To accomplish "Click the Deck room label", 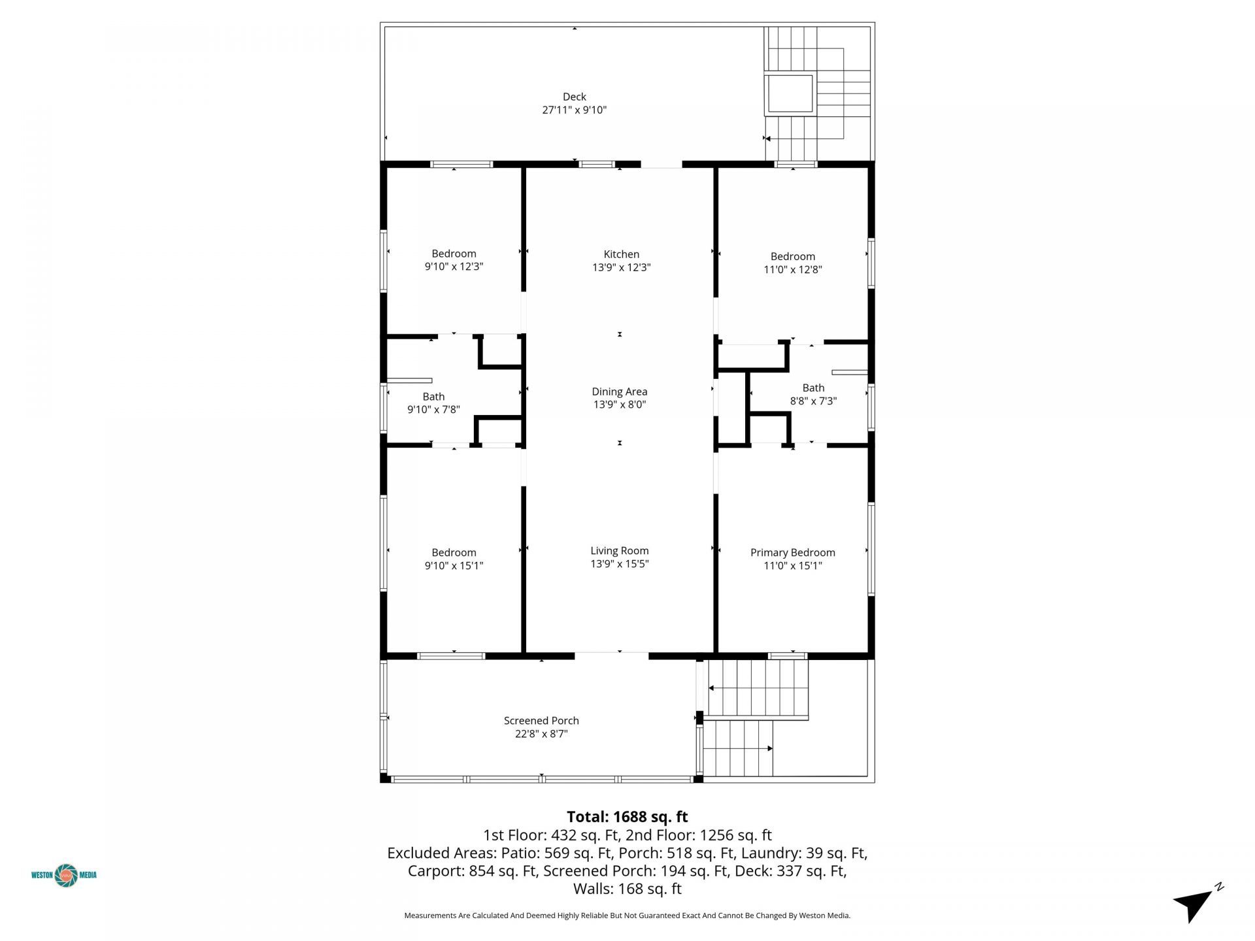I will pyautogui.click(x=574, y=97).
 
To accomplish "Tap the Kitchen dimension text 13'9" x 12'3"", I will pyautogui.click(x=621, y=267).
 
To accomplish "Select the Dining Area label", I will pyautogui.click(x=619, y=391).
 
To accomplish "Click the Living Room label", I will pyautogui.click(x=619, y=551).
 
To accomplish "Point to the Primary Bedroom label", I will pyautogui.click(x=792, y=552).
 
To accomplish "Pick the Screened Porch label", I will pyautogui.click(x=541, y=720).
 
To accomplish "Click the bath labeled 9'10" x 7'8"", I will pyautogui.click(x=433, y=403).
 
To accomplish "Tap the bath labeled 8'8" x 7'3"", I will pyautogui.click(x=813, y=394).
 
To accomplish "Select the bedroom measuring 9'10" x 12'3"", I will pyautogui.click(x=454, y=260).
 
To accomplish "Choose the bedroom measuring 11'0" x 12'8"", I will pyautogui.click(x=792, y=263).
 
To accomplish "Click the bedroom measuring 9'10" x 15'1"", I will pyautogui.click(x=454, y=559).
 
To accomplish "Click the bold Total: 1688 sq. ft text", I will pyautogui.click(x=627, y=816).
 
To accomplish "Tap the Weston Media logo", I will pyautogui.click(x=64, y=875).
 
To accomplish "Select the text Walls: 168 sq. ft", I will pyautogui.click(x=627, y=889).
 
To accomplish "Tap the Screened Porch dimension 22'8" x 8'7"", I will pyautogui.click(x=541, y=734).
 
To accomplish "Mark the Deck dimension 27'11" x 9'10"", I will pyautogui.click(x=574, y=110).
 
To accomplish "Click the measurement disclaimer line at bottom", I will pyautogui.click(x=627, y=916).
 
